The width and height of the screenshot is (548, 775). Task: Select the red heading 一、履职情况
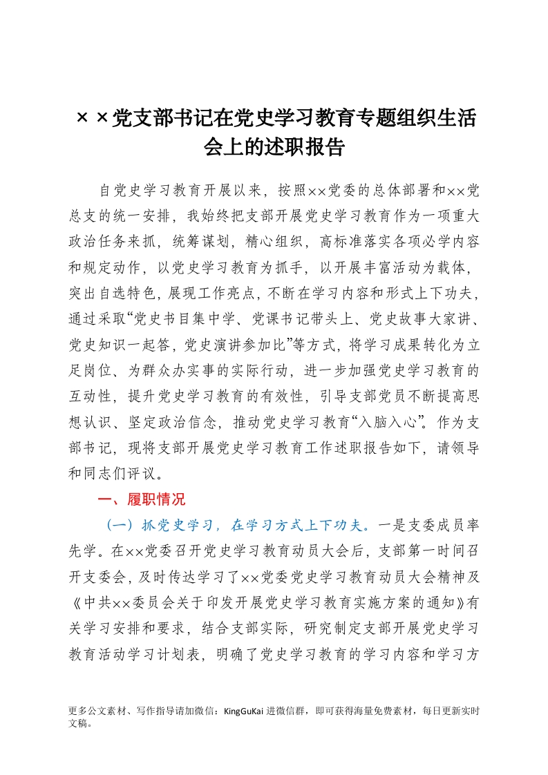tap(142, 499)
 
